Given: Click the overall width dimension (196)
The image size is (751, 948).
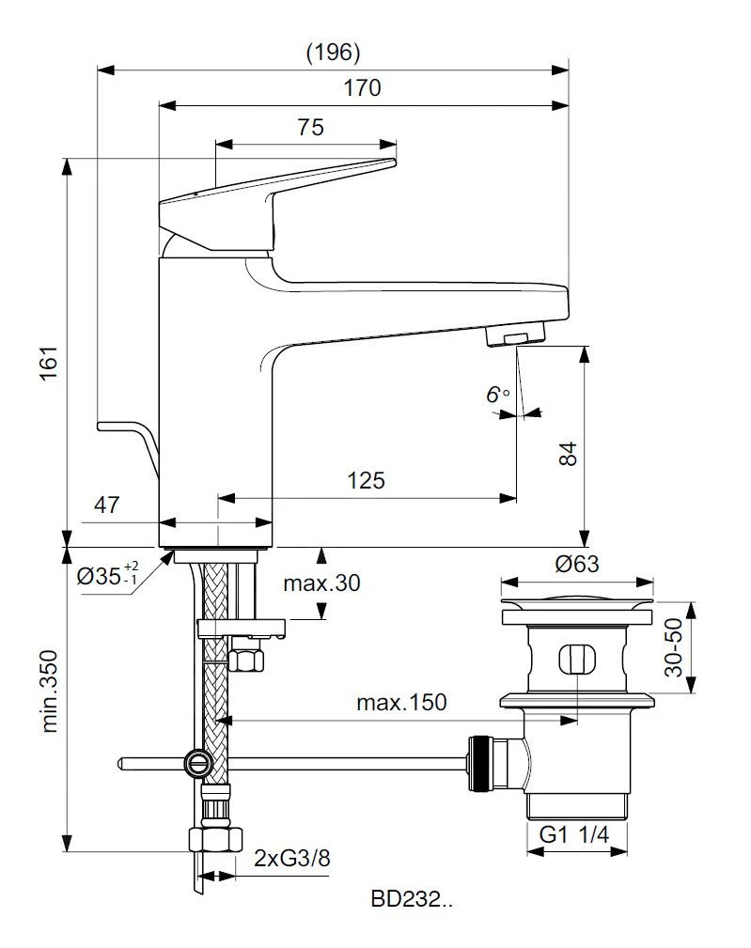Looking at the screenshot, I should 334,52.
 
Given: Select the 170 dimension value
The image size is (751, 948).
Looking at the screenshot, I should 362,88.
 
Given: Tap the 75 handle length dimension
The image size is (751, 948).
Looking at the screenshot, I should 311,128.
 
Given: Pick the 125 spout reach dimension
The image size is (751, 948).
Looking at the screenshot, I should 366,480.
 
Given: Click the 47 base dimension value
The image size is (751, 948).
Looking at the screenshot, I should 106,505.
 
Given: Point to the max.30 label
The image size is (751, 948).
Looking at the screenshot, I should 322,583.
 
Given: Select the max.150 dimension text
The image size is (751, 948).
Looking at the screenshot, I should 401,702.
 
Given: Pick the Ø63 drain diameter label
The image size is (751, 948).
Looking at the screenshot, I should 576,564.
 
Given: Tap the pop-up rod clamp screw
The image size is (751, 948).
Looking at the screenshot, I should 196,761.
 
